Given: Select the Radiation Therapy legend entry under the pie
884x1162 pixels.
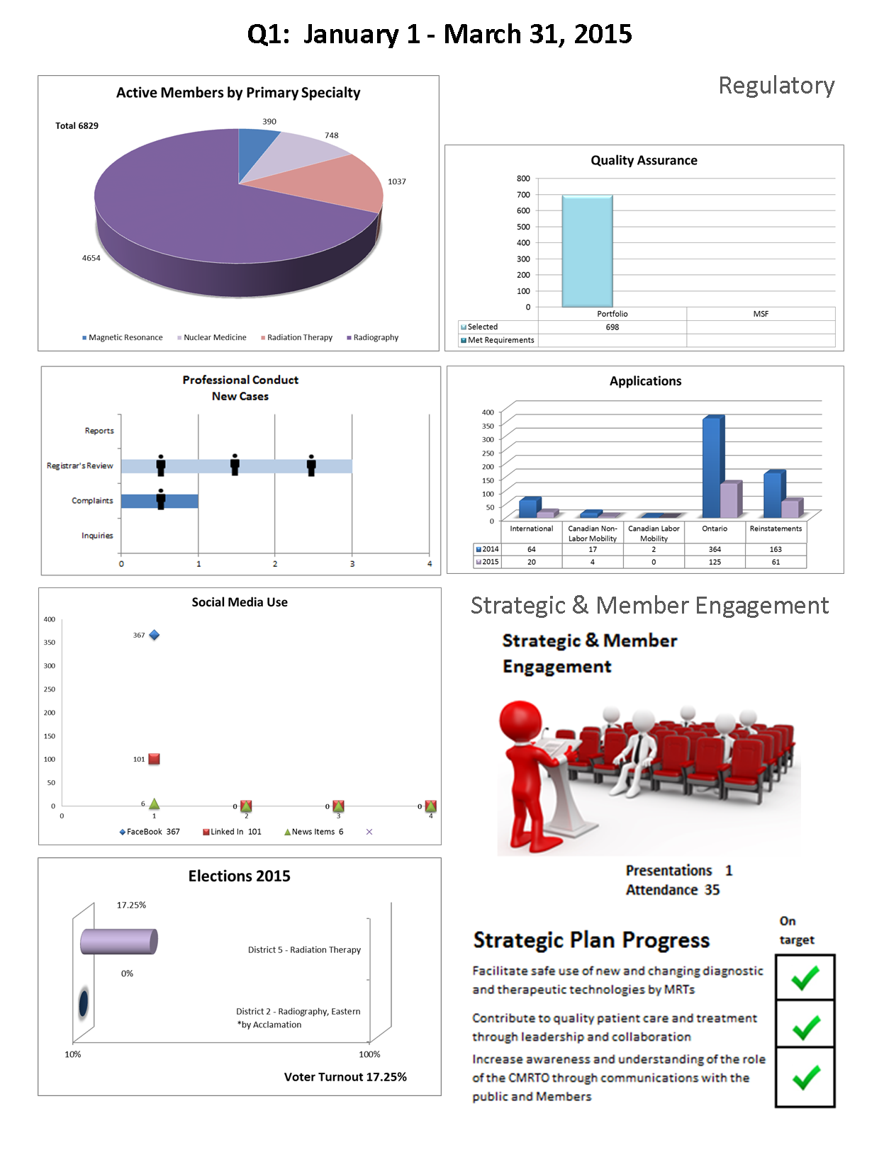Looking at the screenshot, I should pyautogui.click(x=297, y=338).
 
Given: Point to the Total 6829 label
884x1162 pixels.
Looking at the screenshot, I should pyautogui.click(x=77, y=126).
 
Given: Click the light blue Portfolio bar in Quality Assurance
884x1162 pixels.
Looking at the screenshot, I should pyautogui.click(x=587, y=252).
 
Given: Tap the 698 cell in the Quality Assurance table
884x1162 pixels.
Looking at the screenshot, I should pyautogui.click(x=612, y=327).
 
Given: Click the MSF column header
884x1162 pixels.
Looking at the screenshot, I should pyautogui.click(x=760, y=314).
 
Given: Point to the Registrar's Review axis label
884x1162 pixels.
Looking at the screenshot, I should pyautogui.click(x=79, y=466).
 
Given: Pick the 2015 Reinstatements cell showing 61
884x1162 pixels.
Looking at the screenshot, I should pyautogui.click(x=776, y=563).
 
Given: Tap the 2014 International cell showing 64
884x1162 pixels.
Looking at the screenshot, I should pyautogui.click(x=531, y=550).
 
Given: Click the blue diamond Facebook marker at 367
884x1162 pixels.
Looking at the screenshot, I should pyautogui.click(x=154, y=635).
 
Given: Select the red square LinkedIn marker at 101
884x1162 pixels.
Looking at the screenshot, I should pyautogui.click(x=154, y=759).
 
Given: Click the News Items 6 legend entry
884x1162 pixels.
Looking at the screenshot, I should pyautogui.click(x=314, y=832).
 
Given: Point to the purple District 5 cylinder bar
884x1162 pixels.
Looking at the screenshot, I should pyautogui.click(x=118, y=942).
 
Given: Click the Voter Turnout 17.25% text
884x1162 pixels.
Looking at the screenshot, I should pyautogui.click(x=345, y=1077).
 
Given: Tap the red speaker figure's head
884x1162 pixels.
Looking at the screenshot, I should pyautogui.click(x=520, y=721).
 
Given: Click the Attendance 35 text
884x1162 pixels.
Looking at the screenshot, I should pyautogui.click(x=672, y=890).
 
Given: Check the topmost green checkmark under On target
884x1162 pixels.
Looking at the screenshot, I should pyautogui.click(x=805, y=978).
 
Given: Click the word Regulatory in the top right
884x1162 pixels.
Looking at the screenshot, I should pyautogui.click(x=776, y=86).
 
